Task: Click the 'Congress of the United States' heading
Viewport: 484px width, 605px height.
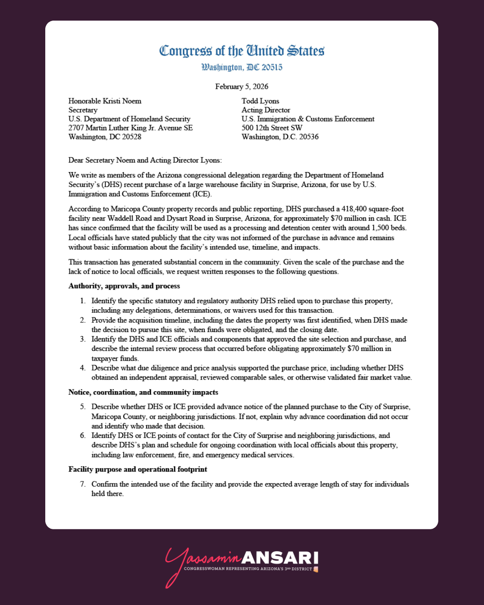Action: [x=242, y=51]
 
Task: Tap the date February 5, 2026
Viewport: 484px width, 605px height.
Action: [x=242, y=86]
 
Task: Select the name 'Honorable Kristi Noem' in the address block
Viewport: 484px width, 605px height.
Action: [x=105, y=101]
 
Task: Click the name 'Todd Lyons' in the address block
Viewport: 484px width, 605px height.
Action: [x=260, y=101]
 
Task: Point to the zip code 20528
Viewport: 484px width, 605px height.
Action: [x=131, y=137]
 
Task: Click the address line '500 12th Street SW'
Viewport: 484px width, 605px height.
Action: [x=272, y=128]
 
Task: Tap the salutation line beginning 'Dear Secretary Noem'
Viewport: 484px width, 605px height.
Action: [x=145, y=160]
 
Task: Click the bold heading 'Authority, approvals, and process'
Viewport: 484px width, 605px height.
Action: [x=124, y=286]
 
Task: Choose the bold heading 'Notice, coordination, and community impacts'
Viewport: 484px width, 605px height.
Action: [x=143, y=392]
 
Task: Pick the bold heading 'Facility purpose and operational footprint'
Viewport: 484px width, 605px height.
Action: [x=138, y=469]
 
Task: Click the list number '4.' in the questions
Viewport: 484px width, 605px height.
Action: [x=83, y=368]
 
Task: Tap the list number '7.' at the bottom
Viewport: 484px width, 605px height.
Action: [x=83, y=484]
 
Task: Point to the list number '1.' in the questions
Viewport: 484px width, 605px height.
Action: [x=83, y=301]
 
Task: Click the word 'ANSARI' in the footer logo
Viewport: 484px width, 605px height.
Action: [x=280, y=558]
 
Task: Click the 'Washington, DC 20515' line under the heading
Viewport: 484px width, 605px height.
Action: [x=242, y=68]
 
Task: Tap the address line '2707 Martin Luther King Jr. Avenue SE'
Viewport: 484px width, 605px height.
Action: [x=130, y=128]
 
